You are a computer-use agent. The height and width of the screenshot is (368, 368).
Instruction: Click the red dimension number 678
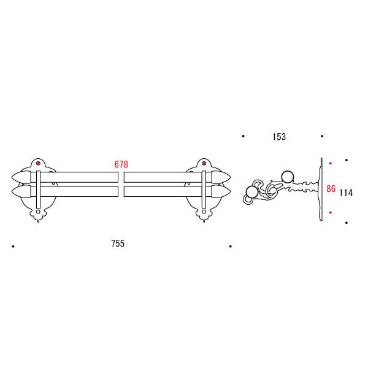[121, 164]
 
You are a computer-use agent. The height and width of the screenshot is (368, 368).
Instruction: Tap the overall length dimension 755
[118, 243]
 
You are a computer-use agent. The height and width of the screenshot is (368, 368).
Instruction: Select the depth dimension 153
[279, 137]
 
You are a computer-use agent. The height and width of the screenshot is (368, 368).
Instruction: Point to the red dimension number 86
[331, 189]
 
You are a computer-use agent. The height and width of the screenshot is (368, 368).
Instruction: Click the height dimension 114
[346, 193]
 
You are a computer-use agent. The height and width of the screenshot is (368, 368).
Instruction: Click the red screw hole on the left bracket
[38, 163]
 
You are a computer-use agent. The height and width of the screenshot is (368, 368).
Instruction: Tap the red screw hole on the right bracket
[204, 163]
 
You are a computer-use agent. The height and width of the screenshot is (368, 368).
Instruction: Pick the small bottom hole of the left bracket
[38, 212]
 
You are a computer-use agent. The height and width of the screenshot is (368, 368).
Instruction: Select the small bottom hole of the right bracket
[204, 212]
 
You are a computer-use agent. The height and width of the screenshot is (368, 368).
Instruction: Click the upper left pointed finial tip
[12, 177]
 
